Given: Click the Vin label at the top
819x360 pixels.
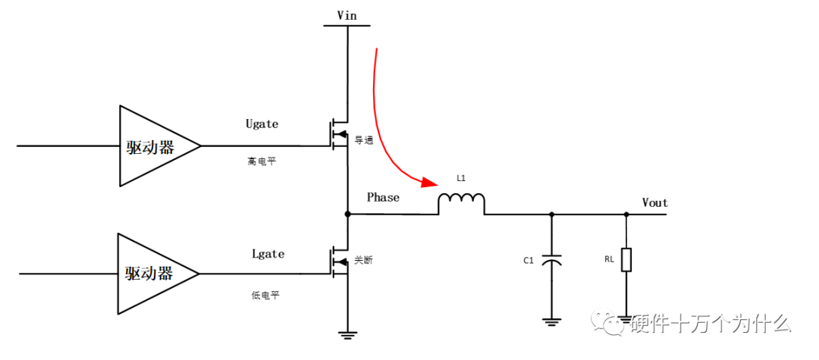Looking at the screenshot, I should tap(347, 14).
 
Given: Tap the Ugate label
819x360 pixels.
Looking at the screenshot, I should tap(262, 123).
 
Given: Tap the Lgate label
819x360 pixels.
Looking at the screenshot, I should tap(268, 254).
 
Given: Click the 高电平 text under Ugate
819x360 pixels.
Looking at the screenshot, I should tap(262, 161).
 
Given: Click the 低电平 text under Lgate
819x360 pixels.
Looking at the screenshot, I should tap(265, 295).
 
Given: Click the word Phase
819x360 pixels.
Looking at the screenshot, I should tap(383, 197).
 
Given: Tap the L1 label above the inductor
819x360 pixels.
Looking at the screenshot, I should tap(462, 177).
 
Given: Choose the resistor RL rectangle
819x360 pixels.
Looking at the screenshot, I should tap(626, 260).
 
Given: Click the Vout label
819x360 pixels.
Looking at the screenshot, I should tap(654, 202).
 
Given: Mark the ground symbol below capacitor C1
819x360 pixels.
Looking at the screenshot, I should tap(551, 321).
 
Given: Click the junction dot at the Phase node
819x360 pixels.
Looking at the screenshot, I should tap(347, 214).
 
